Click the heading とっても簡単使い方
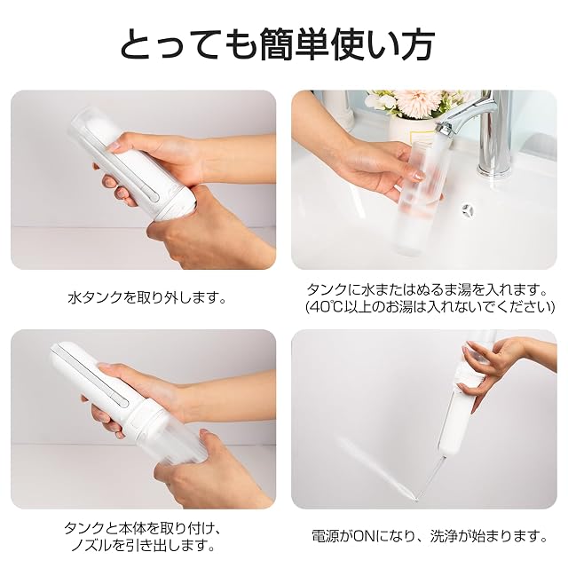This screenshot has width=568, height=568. tap(277, 44)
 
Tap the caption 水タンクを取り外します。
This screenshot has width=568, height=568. tap(147, 298)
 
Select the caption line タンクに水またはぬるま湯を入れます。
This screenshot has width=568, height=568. tap(427, 290)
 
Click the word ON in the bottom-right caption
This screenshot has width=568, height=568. tap(366, 536)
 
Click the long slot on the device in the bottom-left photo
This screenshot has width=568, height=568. tap(95, 376)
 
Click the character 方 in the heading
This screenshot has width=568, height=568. tap(416, 44)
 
